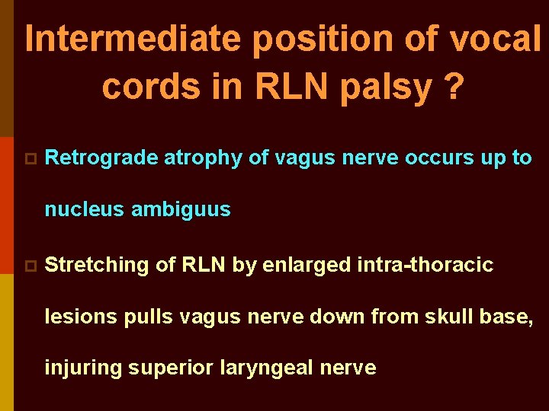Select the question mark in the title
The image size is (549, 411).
454,88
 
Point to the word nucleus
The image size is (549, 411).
85,209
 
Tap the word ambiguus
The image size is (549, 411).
181,209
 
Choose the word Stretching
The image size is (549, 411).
97,266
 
